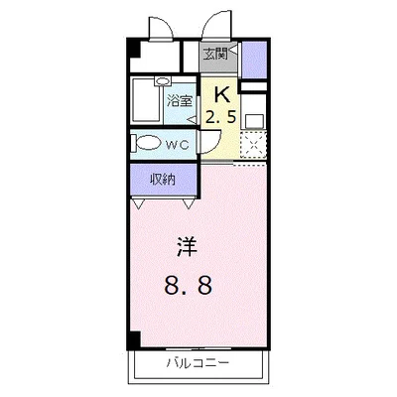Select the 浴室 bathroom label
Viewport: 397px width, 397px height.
coord(179,100)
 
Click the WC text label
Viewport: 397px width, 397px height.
coord(178,143)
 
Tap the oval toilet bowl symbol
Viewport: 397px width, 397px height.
coord(148,143)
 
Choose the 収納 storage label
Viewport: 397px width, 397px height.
coord(164,180)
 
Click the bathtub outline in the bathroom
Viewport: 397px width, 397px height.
coord(148,100)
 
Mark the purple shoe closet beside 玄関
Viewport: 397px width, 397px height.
coord(254,56)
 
